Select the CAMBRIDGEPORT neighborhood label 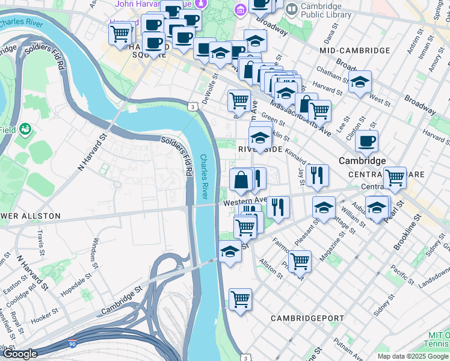click(x=307, y=318)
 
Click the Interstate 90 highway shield click(x=72, y=341)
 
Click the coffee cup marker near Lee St click(x=366, y=142)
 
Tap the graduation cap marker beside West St click(x=360, y=83)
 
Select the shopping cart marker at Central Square click(x=395, y=177)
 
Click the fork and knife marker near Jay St click(x=316, y=175)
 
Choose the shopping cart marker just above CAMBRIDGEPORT click(x=240, y=298)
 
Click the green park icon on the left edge click(x=25, y=129)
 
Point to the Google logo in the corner click(x=19, y=354)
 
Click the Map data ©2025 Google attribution click(x=413, y=356)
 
